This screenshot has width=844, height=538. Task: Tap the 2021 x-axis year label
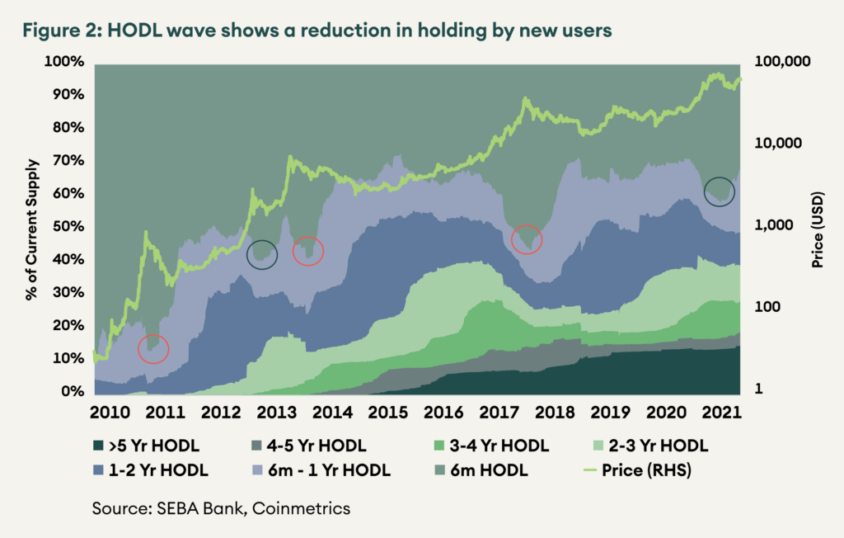720,411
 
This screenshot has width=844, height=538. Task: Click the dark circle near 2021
719,191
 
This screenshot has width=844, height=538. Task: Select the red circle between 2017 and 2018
527,239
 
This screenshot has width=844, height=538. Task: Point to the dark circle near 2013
262,255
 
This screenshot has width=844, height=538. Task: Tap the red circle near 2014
308,250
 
